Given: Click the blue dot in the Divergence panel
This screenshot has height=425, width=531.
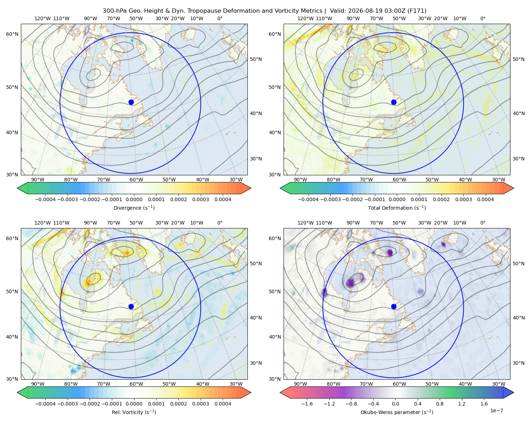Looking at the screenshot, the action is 131,102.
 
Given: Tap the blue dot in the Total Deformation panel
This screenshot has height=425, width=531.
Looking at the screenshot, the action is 394,102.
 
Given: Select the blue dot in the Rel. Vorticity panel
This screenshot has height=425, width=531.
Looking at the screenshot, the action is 131,306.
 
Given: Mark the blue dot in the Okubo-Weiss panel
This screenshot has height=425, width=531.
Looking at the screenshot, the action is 394,306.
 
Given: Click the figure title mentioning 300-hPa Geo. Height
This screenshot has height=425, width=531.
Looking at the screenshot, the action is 265,11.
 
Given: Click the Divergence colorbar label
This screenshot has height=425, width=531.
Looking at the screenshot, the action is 134,208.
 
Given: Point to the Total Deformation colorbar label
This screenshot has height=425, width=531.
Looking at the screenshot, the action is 397,208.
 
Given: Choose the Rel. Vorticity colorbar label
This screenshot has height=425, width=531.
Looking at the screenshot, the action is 134,412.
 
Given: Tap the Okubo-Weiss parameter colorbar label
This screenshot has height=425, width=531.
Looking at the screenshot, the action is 397,412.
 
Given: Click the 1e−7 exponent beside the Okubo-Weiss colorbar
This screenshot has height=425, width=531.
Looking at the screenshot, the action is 496,410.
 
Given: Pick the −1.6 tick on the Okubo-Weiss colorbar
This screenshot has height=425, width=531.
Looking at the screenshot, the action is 307,404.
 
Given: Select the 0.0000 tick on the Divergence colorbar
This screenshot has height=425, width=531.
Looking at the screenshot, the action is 134,199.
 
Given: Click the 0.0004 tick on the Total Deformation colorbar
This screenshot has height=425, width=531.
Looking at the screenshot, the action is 486,199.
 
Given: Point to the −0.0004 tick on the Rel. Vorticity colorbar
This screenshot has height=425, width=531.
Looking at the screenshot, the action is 45,404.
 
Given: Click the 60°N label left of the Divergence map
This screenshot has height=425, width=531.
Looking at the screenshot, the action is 12,34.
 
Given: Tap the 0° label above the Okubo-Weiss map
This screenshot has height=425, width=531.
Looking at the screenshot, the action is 483,223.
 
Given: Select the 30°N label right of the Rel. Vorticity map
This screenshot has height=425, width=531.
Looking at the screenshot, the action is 256,363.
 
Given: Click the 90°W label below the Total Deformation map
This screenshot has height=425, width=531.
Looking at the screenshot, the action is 300,180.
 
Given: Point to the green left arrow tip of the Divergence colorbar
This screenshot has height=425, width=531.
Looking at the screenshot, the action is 17,188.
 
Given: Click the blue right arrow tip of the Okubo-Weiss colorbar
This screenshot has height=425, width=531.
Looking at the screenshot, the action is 514,392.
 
